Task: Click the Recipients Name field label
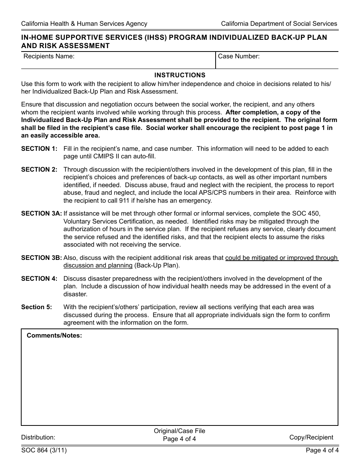click(x=49, y=56)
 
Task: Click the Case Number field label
click(x=239, y=56)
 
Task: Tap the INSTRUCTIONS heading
click(x=180, y=75)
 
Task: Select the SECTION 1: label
click(x=39, y=149)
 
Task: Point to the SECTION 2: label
click(x=39, y=169)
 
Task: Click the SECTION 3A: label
click(x=41, y=213)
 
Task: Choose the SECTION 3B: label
click(x=41, y=258)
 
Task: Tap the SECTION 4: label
click(x=39, y=278)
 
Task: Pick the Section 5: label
click(x=37, y=307)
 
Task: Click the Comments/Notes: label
click(x=54, y=335)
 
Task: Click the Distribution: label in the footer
click(x=38, y=437)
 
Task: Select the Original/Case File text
click(x=179, y=431)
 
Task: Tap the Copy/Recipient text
click(x=311, y=437)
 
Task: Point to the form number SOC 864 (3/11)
click(x=45, y=450)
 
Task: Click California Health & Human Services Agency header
click(x=84, y=23)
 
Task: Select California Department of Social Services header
click(x=279, y=23)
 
